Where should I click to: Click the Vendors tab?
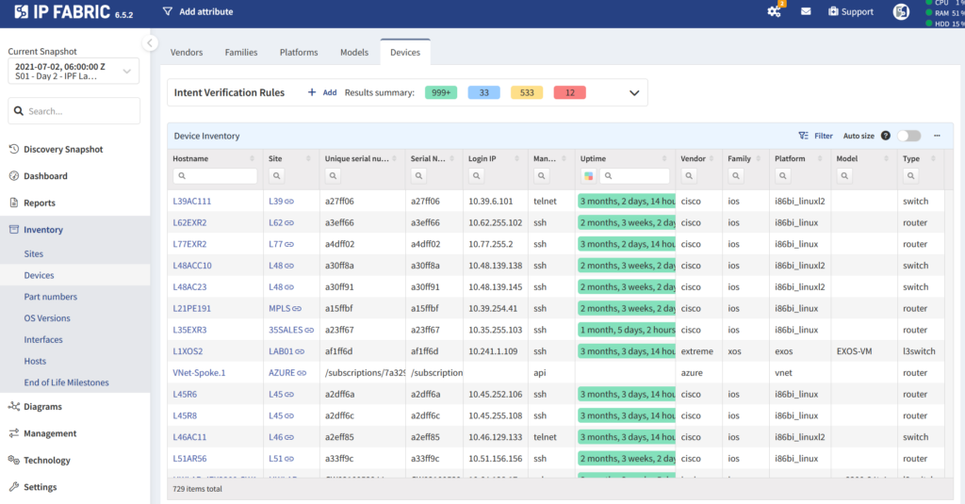(186, 53)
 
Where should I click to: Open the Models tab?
(354, 53)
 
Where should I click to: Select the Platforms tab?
(299, 53)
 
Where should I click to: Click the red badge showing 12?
(569, 92)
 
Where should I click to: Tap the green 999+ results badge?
(441, 92)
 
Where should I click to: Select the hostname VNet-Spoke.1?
(199, 373)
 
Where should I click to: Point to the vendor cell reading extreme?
(696, 351)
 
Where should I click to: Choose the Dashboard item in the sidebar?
(45, 176)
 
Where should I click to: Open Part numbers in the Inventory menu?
(51, 297)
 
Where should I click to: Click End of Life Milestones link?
(66, 382)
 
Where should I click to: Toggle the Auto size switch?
(908, 136)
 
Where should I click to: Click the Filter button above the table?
(816, 136)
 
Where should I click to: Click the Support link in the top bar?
(850, 11)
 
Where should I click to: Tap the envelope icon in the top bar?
(806, 11)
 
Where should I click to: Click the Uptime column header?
(594, 159)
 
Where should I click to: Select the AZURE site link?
(283, 373)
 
